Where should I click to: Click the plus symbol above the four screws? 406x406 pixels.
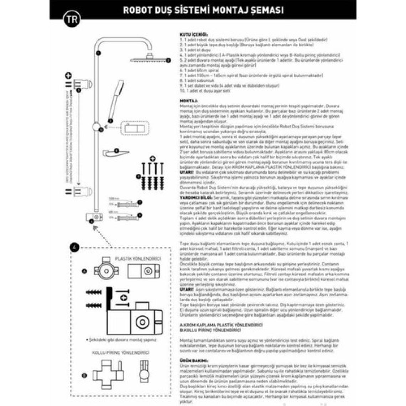click(x=152, y=158)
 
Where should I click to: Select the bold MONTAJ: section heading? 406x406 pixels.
click(x=189, y=101)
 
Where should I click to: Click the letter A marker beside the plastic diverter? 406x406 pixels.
click(x=84, y=271)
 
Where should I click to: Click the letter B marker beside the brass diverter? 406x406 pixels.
click(x=84, y=375)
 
